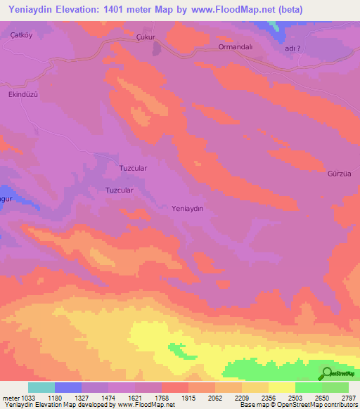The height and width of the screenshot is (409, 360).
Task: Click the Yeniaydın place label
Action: pyautogui.click(x=188, y=209)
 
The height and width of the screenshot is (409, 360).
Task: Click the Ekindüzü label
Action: pyautogui.click(x=22, y=94)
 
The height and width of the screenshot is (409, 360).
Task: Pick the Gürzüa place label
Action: pyautogui.click(x=339, y=174)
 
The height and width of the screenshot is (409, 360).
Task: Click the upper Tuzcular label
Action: pyautogui.click(x=133, y=169)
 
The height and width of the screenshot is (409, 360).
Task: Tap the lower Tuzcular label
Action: pyautogui.click(x=119, y=190)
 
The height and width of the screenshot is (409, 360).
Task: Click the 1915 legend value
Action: pyautogui.click(x=188, y=398)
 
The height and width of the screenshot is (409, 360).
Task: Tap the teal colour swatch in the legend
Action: pyautogui.click(x=41, y=387)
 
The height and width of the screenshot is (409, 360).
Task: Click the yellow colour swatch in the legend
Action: pyautogui.click(x=282, y=387)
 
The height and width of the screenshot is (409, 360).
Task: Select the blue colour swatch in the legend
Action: pyautogui.click(x=68, y=387)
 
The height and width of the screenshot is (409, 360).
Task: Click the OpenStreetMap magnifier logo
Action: pyautogui.click(x=326, y=373)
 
